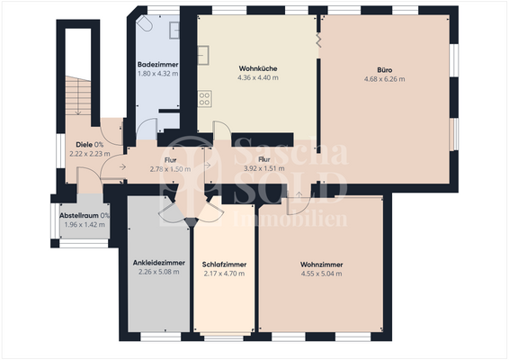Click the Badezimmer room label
[x=157, y=65]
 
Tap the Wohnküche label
[x=258, y=68]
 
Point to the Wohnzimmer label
[x=321, y=264]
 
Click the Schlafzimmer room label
[x=225, y=264]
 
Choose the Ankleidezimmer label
[x=158, y=263]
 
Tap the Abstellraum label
[x=79, y=216]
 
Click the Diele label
[x=85, y=144]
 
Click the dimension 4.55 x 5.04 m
[x=321, y=274]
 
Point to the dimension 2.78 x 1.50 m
[x=169, y=168]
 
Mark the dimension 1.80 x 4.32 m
[x=157, y=74]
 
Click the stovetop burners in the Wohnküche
[x=206, y=96]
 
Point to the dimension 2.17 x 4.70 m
[x=225, y=274]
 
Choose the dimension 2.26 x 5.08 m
[x=158, y=273]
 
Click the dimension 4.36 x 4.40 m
[x=258, y=78]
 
